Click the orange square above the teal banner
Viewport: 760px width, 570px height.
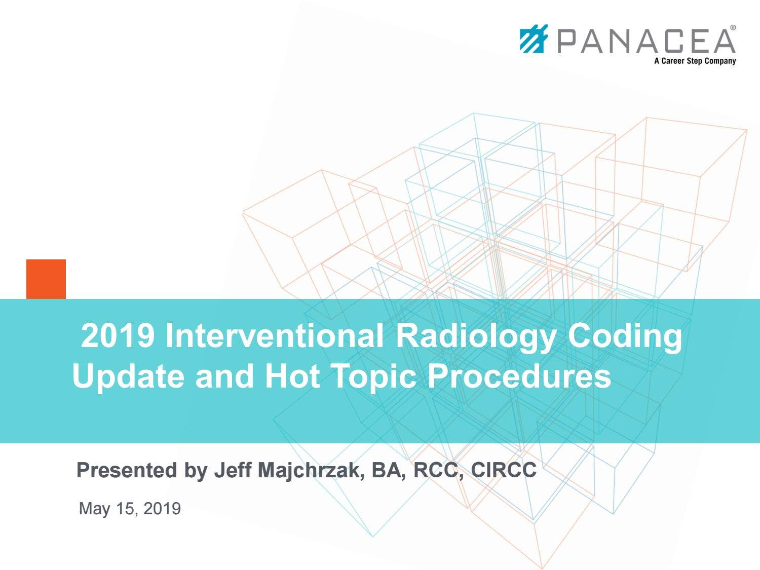pos(46,279)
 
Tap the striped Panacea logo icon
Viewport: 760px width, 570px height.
pos(534,39)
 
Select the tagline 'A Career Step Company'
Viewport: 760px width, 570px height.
pos(695,61)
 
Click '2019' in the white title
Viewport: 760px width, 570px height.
pos(118,335)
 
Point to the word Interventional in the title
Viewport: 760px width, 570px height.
pos(274,335)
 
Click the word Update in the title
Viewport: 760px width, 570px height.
pos(128,377)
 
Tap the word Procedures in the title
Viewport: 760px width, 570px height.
pos(519,376)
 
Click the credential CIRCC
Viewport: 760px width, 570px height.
pos(504,470)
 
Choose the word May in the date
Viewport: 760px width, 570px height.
pos(94,509)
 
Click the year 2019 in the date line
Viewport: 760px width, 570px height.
pos(162,508)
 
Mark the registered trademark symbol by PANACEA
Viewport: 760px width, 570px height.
pos(733,28)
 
